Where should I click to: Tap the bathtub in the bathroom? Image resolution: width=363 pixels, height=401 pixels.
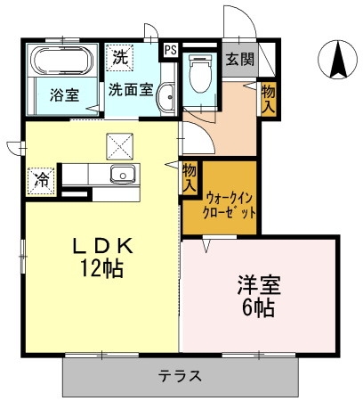[60, 63]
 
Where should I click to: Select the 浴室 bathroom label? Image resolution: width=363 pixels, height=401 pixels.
[62, 94]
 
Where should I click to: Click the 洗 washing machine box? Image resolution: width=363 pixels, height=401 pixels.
[120, 58]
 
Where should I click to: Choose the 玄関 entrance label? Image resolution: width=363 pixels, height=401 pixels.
[238, 60]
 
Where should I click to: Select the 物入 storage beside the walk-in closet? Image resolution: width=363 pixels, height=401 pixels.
[190, 177]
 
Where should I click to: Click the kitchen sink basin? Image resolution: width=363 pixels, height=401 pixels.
[120, 174]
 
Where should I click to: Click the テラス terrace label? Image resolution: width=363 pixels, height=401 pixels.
[181, 375]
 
